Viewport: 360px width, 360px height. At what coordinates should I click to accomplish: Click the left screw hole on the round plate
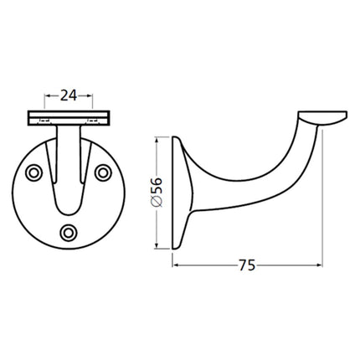pyautogui.click(x=34, y=173)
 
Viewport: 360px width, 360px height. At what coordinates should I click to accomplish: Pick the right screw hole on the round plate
pyautogui.click(x=104, y=172)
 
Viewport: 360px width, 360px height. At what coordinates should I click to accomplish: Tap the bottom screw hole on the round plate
pyautogui.click(x=69, y=232)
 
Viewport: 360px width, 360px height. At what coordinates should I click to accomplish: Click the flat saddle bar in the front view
pyautogui.click(x=69, y=115)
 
